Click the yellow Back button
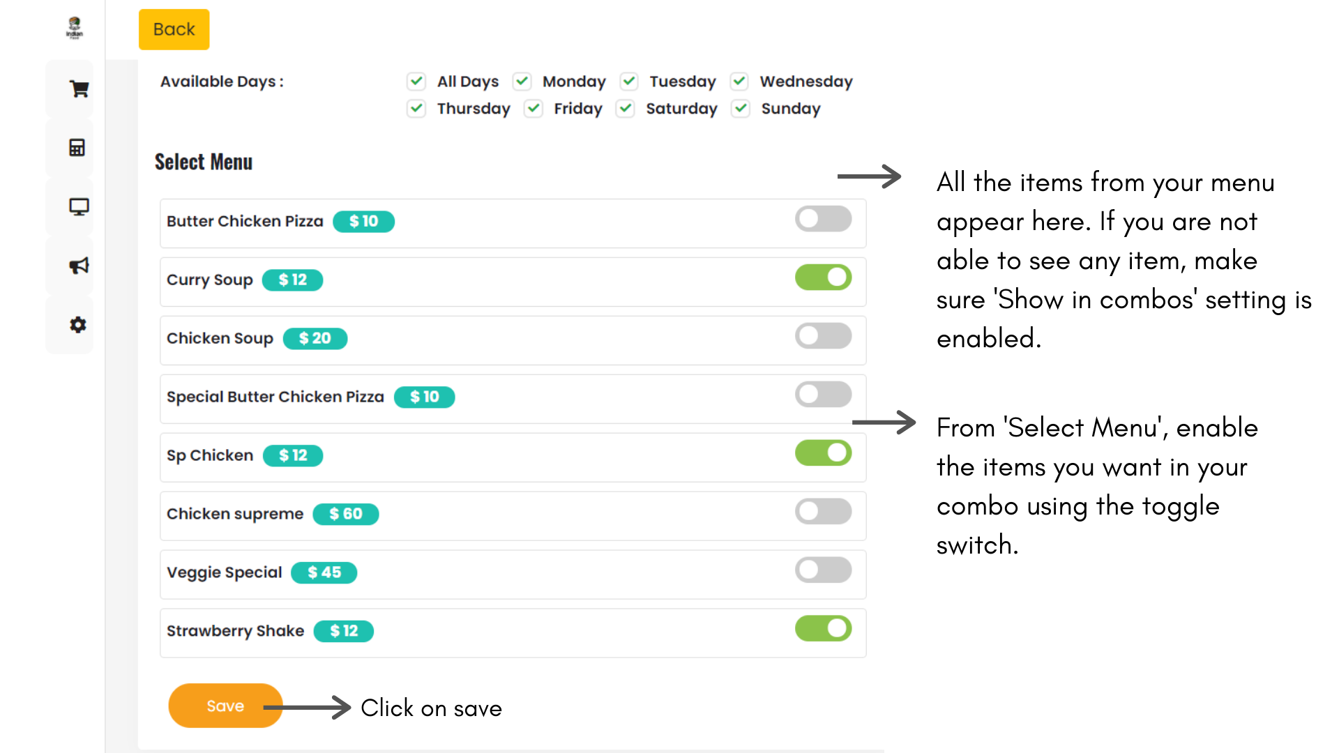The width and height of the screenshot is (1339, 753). pos(174,29)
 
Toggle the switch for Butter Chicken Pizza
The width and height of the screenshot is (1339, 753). pos(823,219)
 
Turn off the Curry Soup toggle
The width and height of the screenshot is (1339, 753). pos(823,277)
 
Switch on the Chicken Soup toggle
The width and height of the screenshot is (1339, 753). pos(823,336)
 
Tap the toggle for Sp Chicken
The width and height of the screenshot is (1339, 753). pos(823,453)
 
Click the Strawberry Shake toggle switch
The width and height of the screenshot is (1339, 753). pos(823,629)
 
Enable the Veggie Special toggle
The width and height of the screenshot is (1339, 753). pos(823,570)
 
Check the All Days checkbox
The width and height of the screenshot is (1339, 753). pos(416,82)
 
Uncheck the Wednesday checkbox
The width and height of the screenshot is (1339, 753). pos(739,82)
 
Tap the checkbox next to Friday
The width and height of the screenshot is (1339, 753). pos(534,109)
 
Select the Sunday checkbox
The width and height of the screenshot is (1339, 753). pos(741,109)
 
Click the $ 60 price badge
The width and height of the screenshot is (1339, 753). pos(346,514)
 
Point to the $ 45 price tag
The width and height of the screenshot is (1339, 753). pos(324,572)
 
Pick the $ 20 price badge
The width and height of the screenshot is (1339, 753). pos(315,338)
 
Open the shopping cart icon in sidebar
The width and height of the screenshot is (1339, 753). pos(78,89)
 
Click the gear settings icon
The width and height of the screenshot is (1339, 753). pos(77,325)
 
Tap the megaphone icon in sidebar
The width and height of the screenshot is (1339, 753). pos(78,266)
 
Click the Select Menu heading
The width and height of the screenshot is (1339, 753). pos(204,162)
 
